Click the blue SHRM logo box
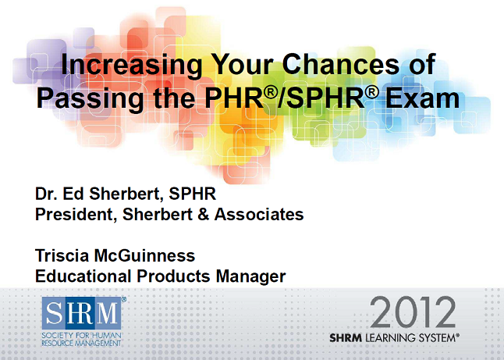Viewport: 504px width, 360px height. (83, 314)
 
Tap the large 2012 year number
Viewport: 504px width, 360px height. (412, 313)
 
